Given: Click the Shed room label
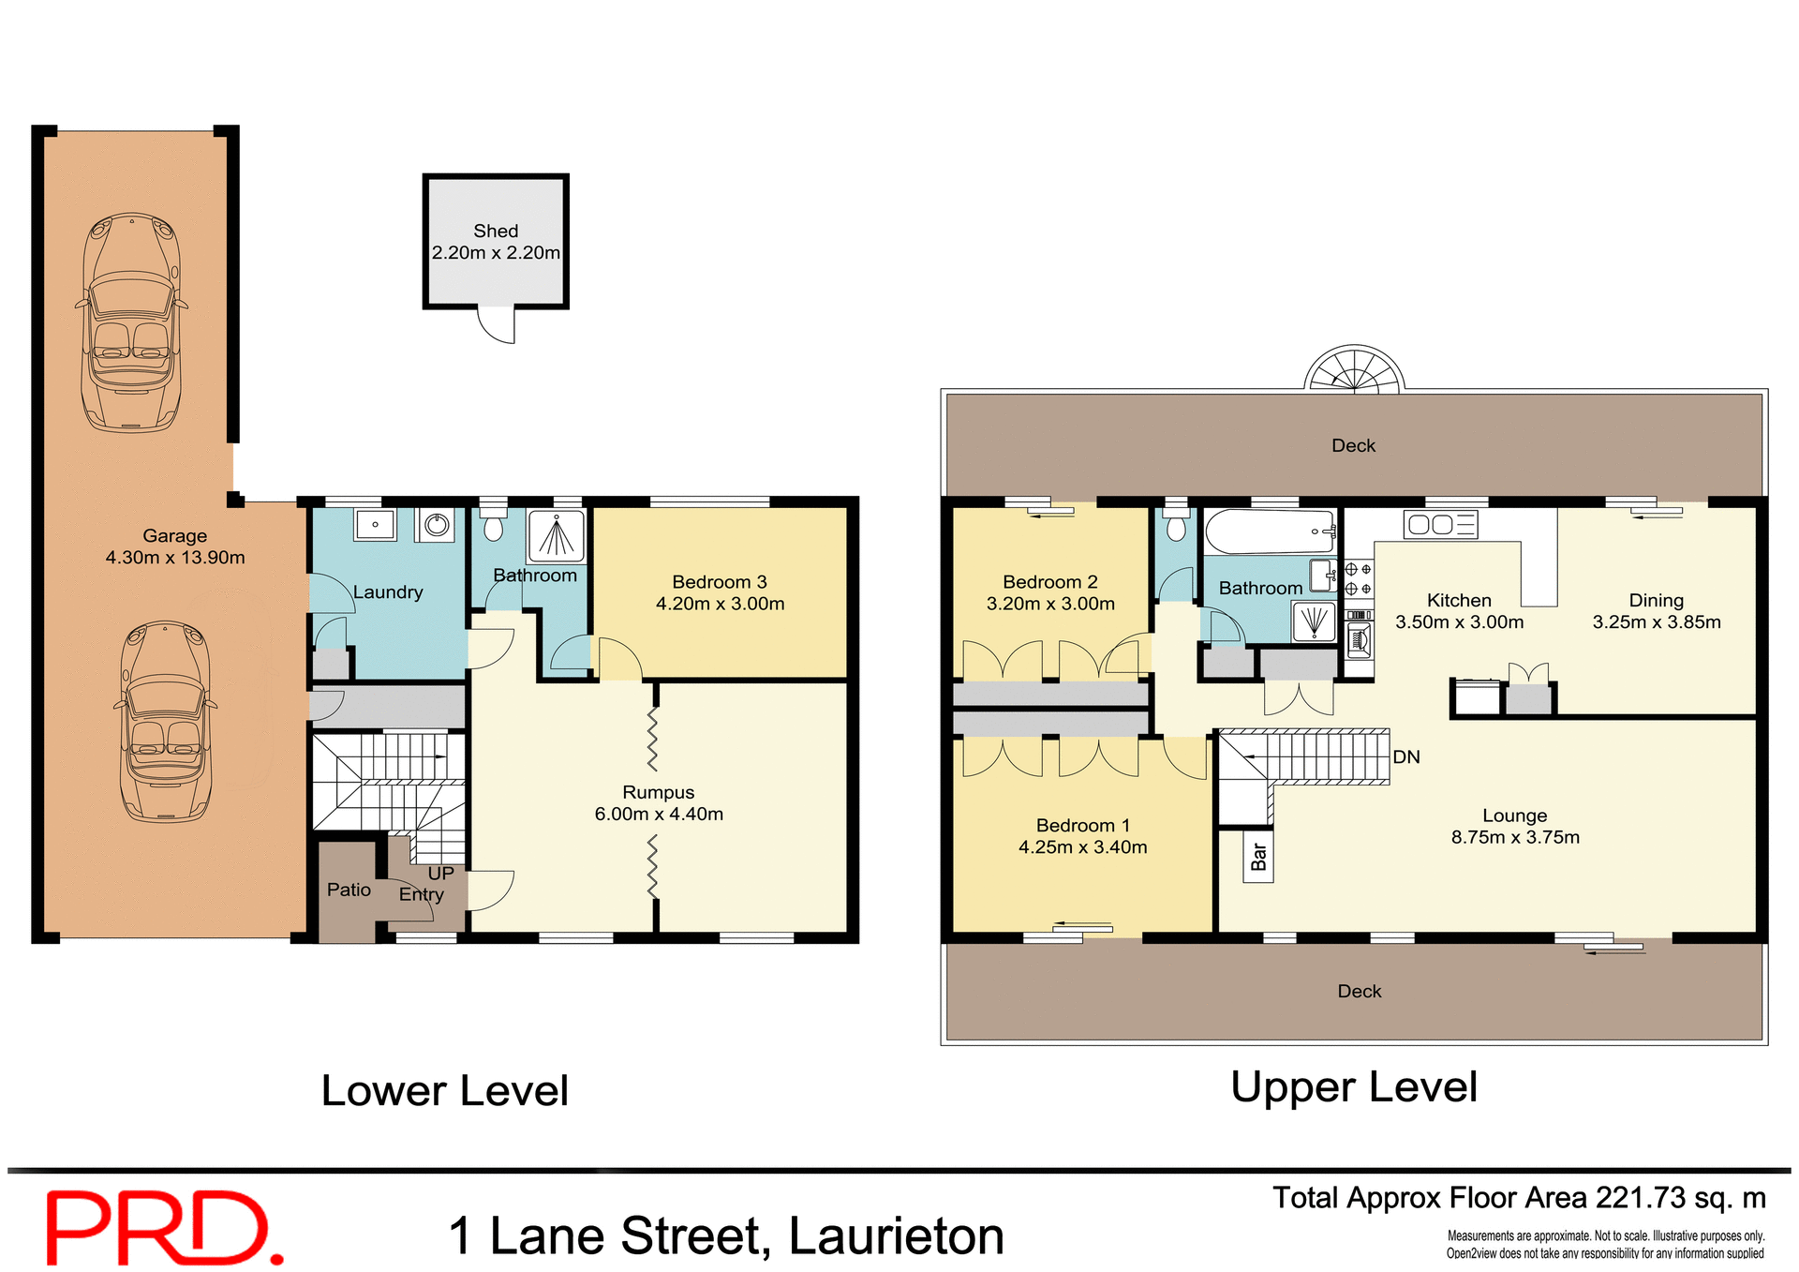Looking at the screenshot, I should click(x=496, y=231).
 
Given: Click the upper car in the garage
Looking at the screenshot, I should click(x=131, y=322).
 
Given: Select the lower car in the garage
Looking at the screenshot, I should click(x=166, y=722).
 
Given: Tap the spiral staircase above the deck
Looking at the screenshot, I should click(x=1354, y=369).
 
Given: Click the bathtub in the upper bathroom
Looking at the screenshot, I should click(x=1270, y=531).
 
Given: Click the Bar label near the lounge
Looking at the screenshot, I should click(x=1258, y=856).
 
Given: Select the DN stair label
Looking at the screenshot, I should click(x=1405, y=756).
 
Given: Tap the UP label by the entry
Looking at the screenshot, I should click(x=440, y=873).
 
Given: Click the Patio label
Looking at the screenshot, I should click(x=349, y=890).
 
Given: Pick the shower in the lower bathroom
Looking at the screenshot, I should click(x=557, y=536).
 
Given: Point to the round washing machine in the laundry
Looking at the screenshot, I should click(x=437, y=525).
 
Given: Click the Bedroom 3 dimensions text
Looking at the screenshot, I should click(x=720, y=604).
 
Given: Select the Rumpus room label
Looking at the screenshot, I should click(x=658, y=792).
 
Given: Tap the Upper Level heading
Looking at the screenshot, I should click(x=1353, y=1087).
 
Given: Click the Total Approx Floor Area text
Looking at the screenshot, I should click(x=1518, y=1198).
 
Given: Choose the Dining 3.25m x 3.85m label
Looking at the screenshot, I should click(x=1656, y=610).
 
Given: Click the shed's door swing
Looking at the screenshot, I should click(x=498, y=324).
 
